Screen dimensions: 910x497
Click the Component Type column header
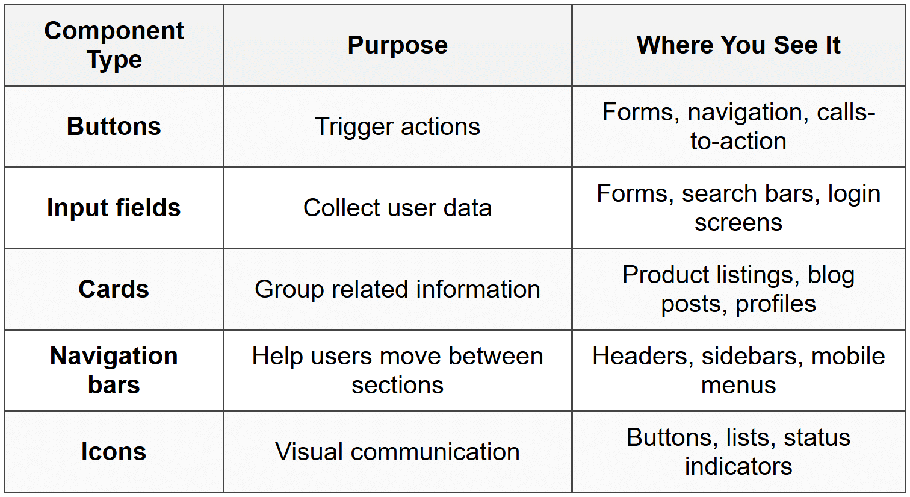click(114, 45)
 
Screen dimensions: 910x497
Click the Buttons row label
click(114, 126)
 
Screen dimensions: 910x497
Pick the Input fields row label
click(114, 208)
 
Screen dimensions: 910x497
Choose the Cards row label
click(114, 289)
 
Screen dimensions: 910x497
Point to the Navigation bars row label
click(114, 370)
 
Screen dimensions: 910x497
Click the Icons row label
click(114, 451)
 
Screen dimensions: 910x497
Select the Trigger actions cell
click(397, 127)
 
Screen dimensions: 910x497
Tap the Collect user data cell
click(397, 208)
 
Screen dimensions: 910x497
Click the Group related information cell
click(397, 289)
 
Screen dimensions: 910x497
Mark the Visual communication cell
click(397, 451)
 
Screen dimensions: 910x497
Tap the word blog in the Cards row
click(831, 275)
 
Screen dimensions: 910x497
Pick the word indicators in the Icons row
click(738, 466)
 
